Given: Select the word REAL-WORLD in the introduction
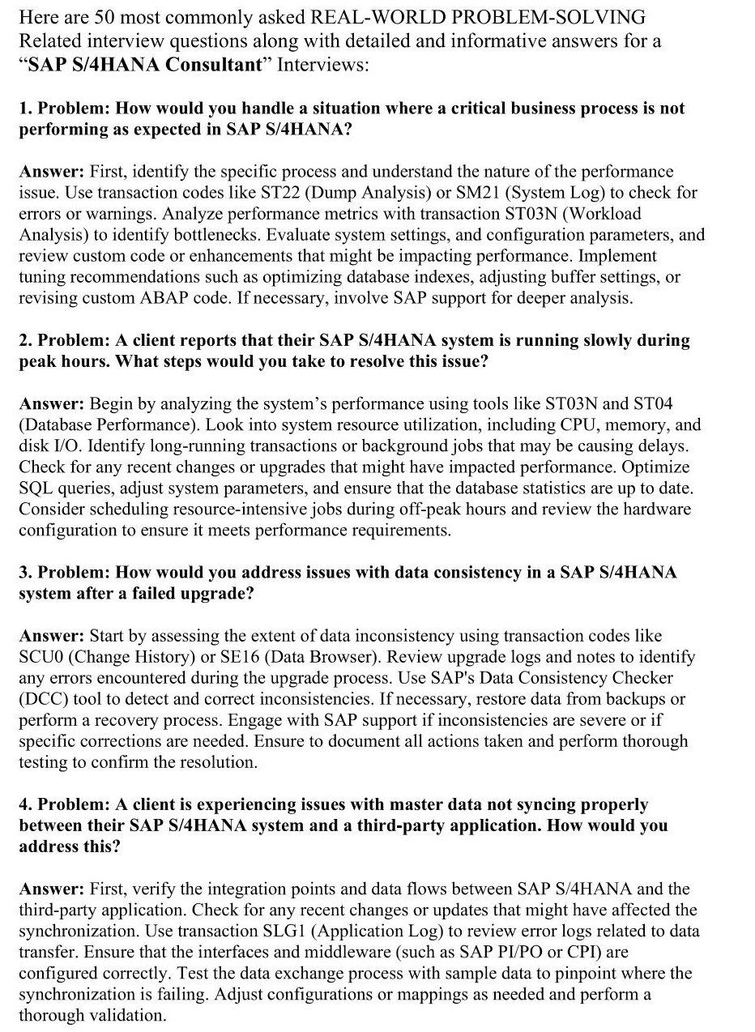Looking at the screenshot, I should [369, 17].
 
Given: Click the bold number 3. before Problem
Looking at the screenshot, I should [25, 573].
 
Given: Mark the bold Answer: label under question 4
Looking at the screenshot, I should [51, 889].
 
